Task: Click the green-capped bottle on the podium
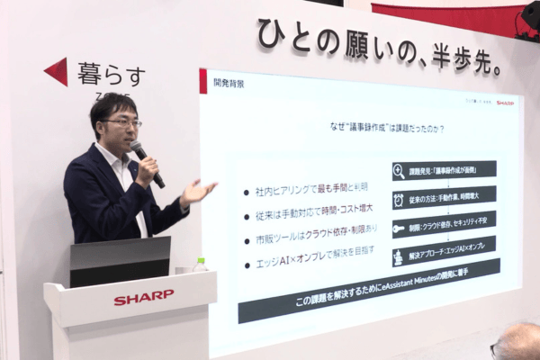point(200,266)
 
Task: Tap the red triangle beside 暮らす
point(57,72)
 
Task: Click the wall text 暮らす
point(109,74)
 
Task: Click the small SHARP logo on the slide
point(504,103)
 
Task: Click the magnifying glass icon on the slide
point(399,171)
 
